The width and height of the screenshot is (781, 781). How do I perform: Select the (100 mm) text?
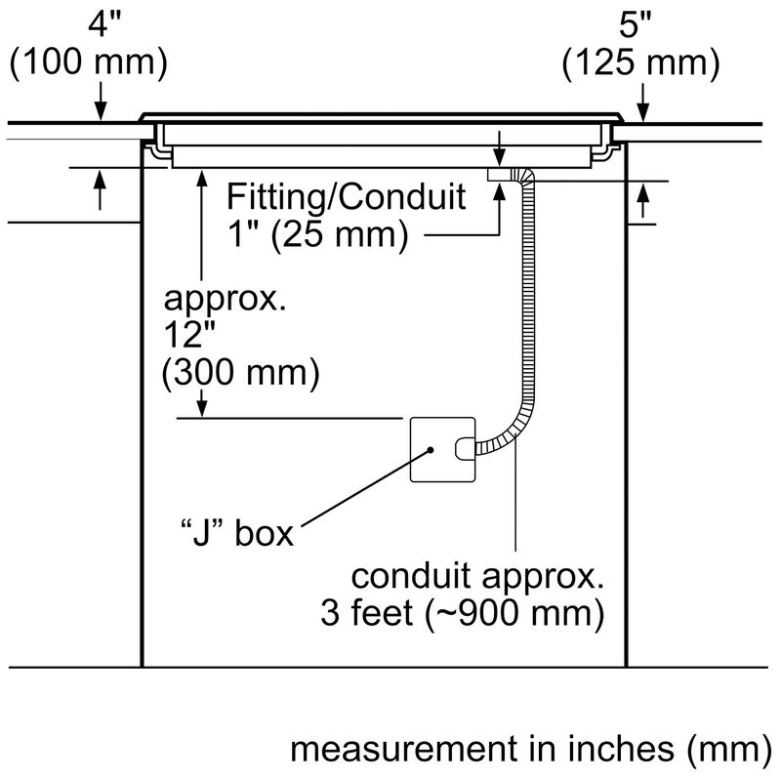[x=89, y=62]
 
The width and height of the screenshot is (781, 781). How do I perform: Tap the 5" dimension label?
[x=635, y=23]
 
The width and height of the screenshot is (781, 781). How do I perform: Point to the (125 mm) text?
[x=641, y=62]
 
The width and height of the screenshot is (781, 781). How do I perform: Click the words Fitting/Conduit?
[x=347, y=197]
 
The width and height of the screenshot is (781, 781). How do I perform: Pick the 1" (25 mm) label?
[x=318, y=234]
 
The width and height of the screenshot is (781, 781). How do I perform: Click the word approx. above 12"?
[x=226, y=300]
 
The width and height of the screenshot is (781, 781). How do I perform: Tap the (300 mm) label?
[x=240, y=373]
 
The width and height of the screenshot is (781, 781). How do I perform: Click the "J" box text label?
[x=237, y=532]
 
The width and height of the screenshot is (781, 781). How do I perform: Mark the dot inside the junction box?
[x=431, y=450]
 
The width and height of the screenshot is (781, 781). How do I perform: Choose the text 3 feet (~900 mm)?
[x=463, y=613]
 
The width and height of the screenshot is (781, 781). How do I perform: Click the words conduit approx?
[x=477, y=577]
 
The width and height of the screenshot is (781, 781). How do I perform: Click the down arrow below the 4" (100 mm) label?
[x=101, y=102]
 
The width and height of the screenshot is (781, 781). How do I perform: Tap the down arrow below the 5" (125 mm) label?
[x=643, y=103]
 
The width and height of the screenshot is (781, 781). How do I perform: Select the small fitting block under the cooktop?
[x=500, y=175]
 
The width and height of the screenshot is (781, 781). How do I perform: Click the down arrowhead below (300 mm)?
[x=202, y=407]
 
